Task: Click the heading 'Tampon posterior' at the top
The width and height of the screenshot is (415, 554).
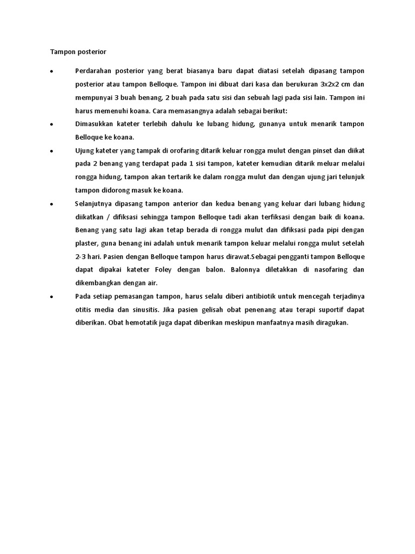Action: tap(78, 52)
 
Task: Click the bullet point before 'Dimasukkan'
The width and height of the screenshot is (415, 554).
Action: tap(50, 124)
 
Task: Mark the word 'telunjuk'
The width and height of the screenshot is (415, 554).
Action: tap(351, 176)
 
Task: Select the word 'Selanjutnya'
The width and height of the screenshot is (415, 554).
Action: tap(95, 203)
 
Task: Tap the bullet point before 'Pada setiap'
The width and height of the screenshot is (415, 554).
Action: tap(50, 297)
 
